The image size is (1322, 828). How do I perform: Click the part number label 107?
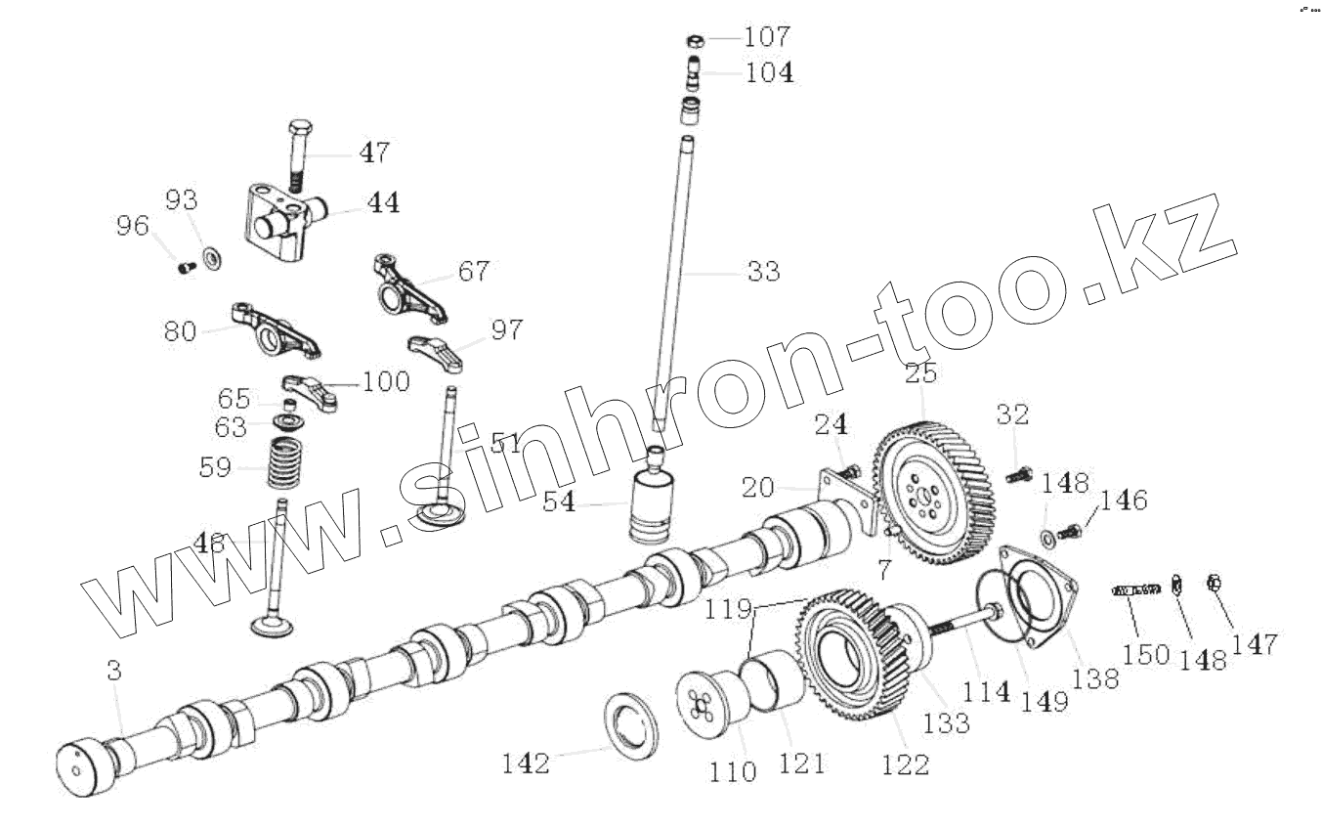pyautogui.click(x=767, y=38)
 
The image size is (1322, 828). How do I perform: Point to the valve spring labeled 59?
pyautogui.click(x=284, y=463)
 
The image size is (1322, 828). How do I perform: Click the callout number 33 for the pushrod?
pyautogui.click(x=763, y=272)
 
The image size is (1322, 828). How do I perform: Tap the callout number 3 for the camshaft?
pyautogui.click(x=114, y=671)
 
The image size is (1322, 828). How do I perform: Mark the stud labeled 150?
pyautogui.click(x=1135, y=589)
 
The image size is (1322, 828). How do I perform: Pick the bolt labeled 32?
pyautogui.click(x=1016, y=476)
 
